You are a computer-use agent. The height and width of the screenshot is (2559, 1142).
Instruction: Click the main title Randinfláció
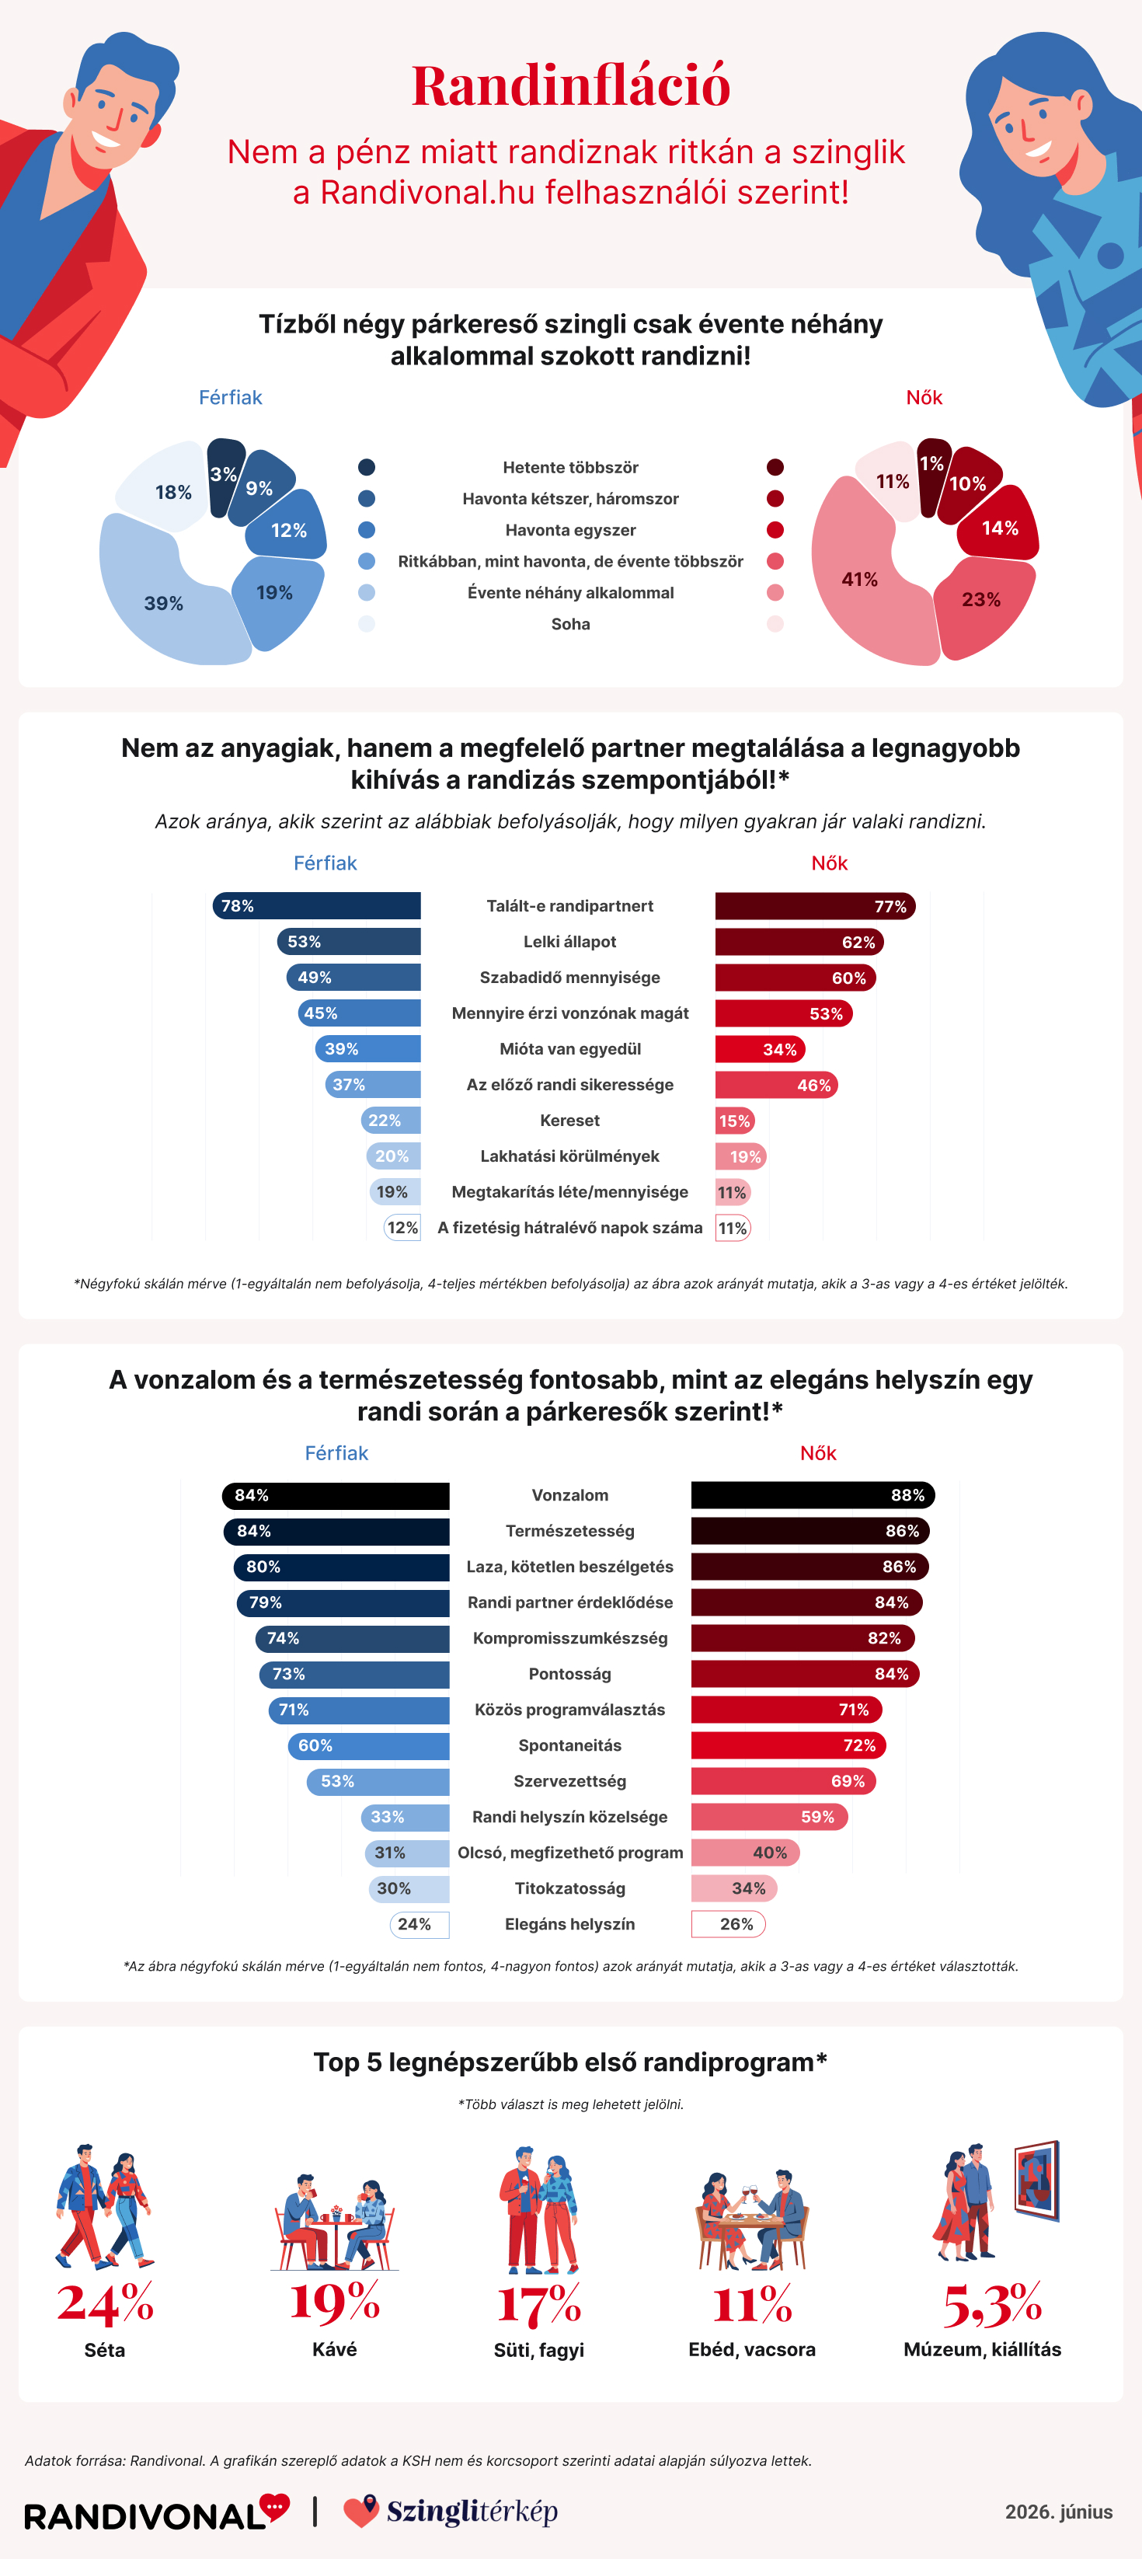pos(571,85)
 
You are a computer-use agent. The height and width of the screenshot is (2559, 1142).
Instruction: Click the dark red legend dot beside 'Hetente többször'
pos(775,468)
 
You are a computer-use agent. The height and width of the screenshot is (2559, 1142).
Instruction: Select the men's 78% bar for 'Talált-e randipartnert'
pos(317,906)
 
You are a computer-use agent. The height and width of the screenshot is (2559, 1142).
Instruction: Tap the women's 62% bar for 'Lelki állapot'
pos(799,942)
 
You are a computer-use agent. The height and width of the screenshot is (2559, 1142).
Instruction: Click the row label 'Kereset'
pos(570,1121)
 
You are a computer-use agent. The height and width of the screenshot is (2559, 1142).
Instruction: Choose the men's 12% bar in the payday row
pos(402,1228)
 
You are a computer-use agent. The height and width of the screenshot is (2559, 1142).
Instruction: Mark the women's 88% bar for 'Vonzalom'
pos(813,1495)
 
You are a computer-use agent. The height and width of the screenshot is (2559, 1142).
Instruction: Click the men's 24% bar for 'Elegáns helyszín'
pos(419,1924)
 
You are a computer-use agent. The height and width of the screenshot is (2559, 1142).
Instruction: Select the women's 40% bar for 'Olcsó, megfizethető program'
pos(746,1853)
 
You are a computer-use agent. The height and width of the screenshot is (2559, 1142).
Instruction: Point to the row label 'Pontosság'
pos(570,1674)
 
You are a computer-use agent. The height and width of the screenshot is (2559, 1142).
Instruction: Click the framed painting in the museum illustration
pos(1037,2181)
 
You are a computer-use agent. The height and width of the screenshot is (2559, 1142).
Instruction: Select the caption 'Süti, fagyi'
pos(539,2349)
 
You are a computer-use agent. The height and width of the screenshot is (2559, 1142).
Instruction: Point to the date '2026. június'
pos(1059,2512)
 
